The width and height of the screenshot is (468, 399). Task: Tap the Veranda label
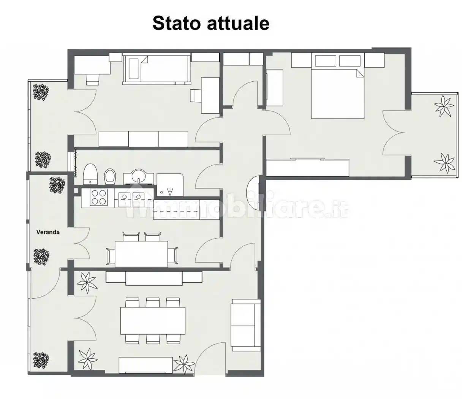tap(48, 232)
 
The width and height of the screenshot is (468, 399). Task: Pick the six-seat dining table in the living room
tap(153, 320)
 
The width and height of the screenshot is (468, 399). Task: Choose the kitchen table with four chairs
tap(141, 254)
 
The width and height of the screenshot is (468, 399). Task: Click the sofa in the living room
tap(246, 325)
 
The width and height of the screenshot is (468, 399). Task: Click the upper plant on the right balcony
tap(443, 106)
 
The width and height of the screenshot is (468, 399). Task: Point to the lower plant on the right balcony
tap(444, 163)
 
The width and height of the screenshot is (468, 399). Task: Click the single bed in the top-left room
tap(157, 68)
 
